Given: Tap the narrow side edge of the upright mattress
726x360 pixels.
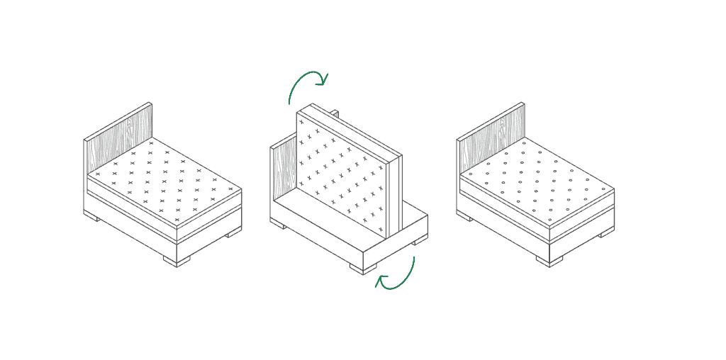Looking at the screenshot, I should click(x=396, y=195).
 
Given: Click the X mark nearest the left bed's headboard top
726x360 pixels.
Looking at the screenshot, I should click(x=150, y=144).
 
